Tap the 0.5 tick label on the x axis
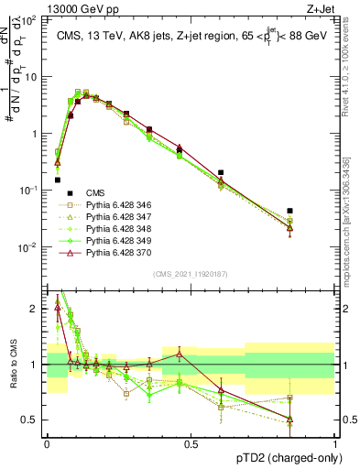point(191,442)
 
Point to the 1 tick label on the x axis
point(334,442)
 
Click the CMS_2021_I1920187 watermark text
point(190,272)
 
